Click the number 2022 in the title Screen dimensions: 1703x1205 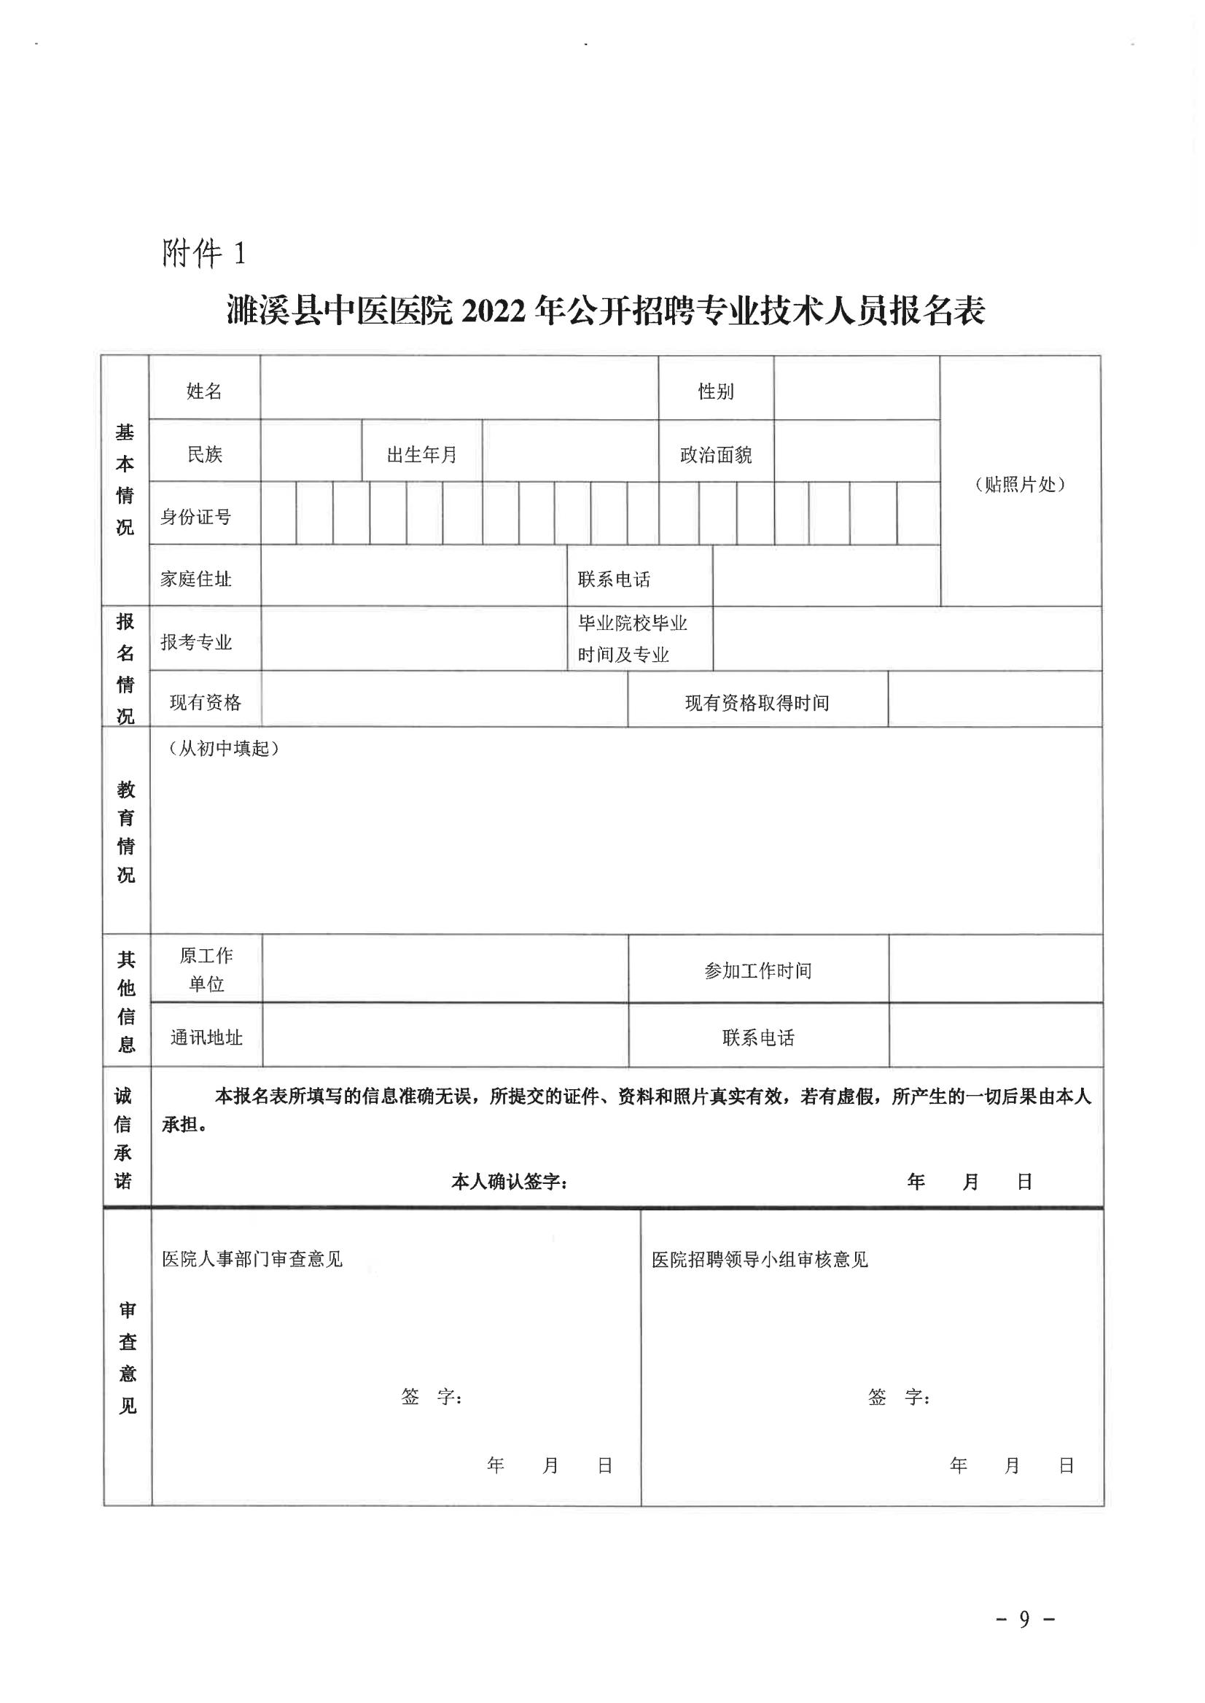pyautogui.click(x=494, y=312)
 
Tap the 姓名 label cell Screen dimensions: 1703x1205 pyautogui.click(x=204, y=391)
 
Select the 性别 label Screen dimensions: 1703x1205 pyautogui.click(x=715, y=391)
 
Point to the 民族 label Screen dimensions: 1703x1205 pyautogui.click(x=204, y=454)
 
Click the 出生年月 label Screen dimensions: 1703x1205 pyautogui.click(x=421, y=454)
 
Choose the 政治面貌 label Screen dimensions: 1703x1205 pyautogui.click(x=715, y=454)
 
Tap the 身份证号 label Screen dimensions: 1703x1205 pyautogui.click(x=196, y=516)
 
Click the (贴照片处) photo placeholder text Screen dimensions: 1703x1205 pyautogui.click(x=1020, y=485)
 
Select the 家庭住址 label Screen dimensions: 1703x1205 pyautogui.click(x=196, y=579)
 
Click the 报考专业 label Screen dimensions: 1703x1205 pyautogui.click(x=196, y=642)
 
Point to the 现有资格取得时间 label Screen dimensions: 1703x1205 pyautogui.click(x=757, y=703)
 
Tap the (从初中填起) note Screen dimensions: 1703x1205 pyautogui.click(x=223, y=749)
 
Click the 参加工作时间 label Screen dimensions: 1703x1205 pyautogui.click(x=757, y=970)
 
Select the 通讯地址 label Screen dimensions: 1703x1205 pyautogui.click(x=206, y=1037)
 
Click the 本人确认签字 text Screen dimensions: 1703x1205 pyautogui.click(x=509, y=1182)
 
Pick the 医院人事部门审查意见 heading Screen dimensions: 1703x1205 pyautogui.click(x=252, y=1259)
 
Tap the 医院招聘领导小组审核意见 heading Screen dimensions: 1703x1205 pyautogui.click(x=759, y=1260)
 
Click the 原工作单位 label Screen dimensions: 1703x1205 pyautogui.click(x=206, y=970)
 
